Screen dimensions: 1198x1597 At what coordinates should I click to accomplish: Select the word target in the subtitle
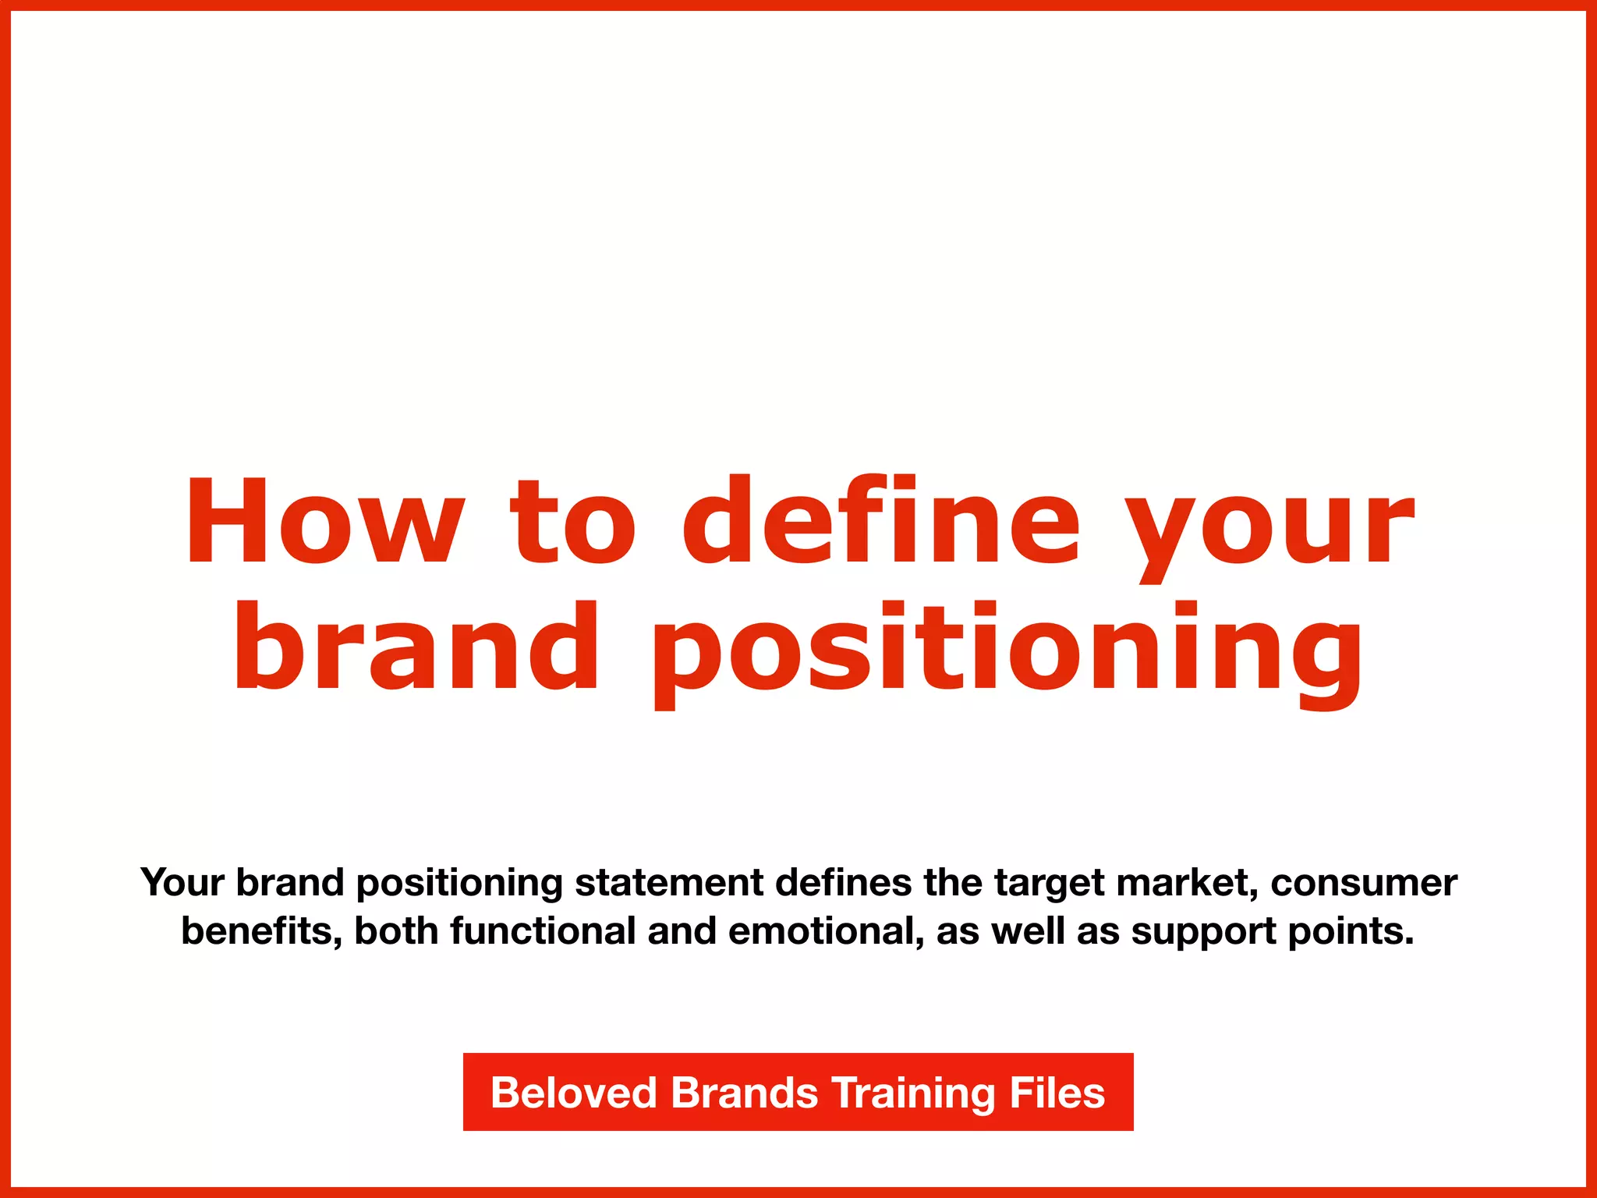tap(1050, 883)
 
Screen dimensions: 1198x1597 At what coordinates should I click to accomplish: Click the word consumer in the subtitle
tap(1364, 883)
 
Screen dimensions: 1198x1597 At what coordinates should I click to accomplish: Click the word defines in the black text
tap(844, 883)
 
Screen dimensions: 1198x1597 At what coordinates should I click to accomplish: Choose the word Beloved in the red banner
tap(574, 1093)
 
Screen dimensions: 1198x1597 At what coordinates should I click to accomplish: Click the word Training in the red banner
tap(914, 1093)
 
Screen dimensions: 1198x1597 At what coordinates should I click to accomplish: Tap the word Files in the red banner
tap(1057, 1093)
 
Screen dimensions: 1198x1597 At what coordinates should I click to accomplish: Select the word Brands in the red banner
tap(744, 1093)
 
